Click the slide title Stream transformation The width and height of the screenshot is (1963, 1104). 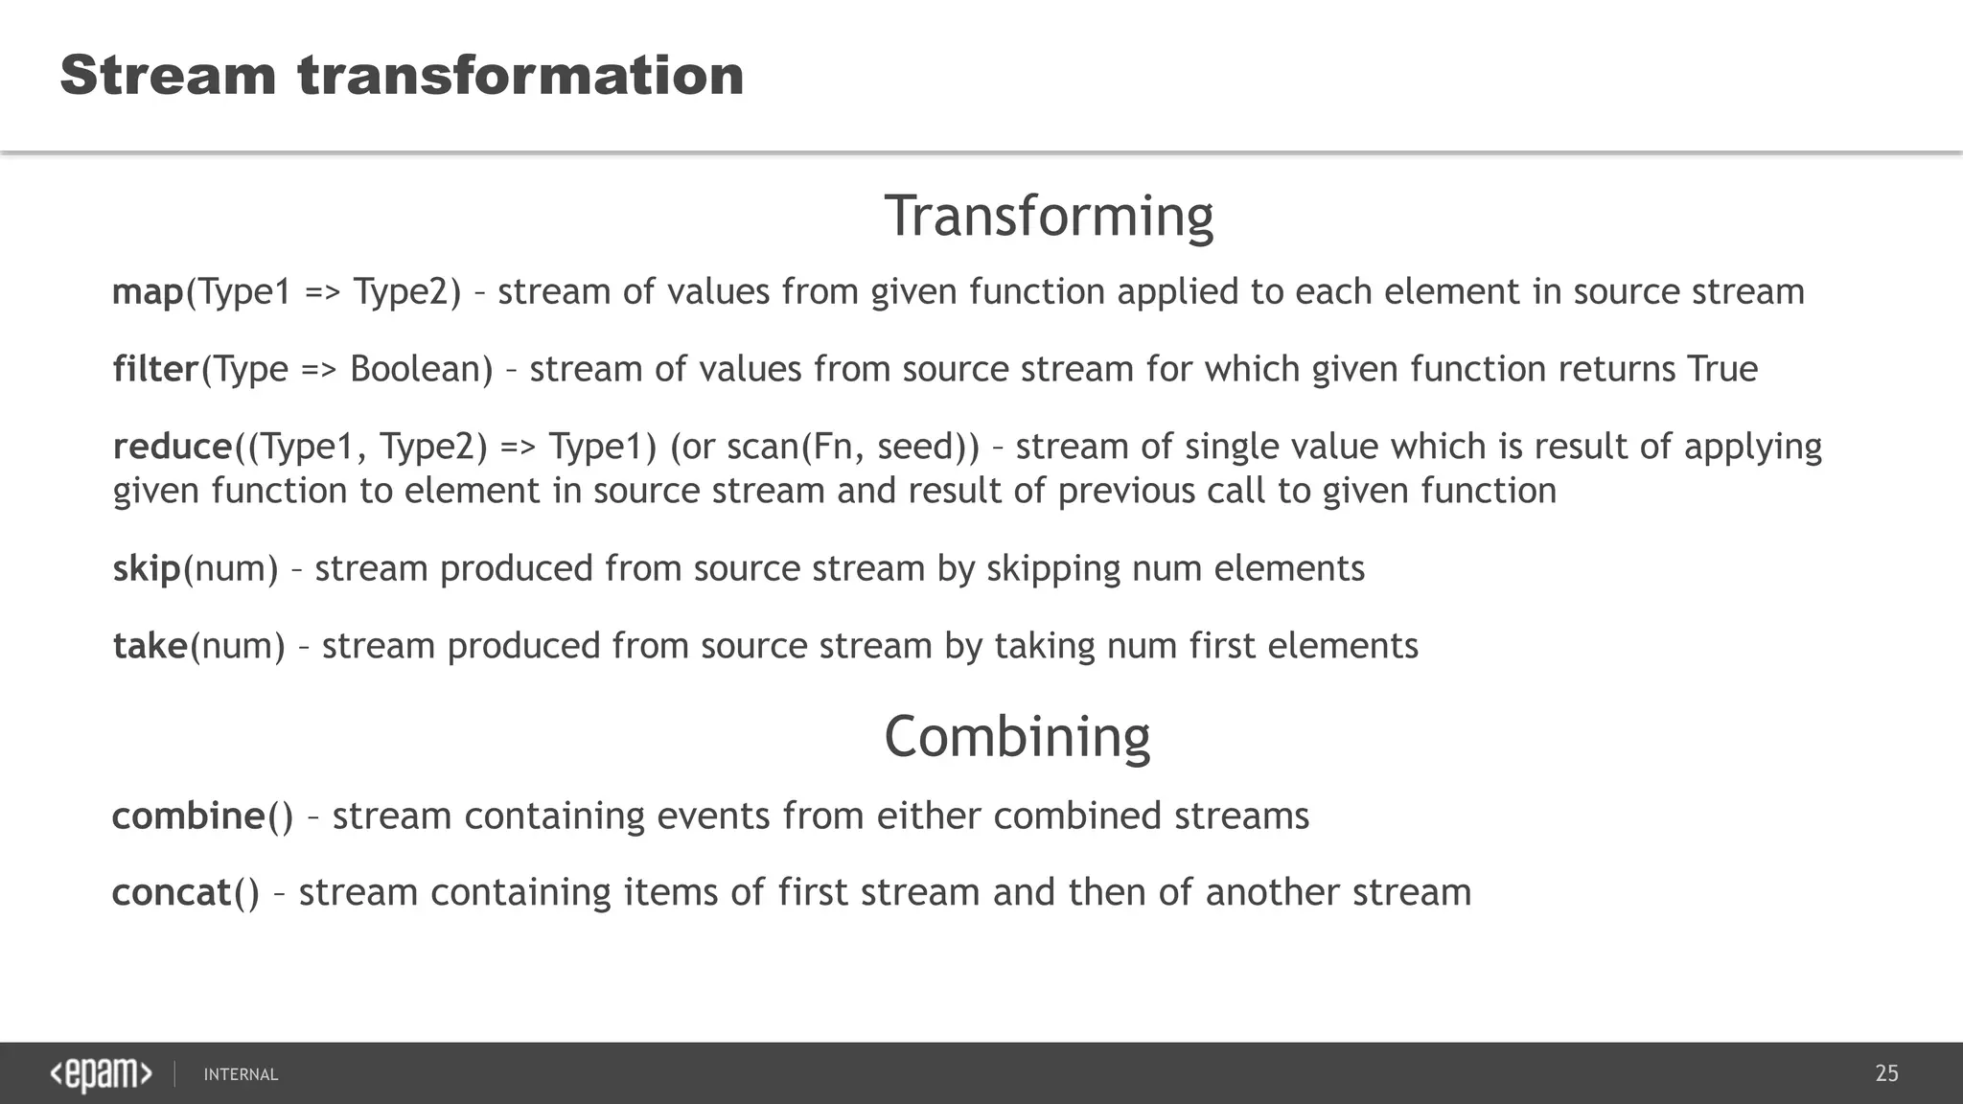point(402,76)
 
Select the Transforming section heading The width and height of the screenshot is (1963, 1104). point(1049,216)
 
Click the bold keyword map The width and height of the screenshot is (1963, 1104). point(148,291)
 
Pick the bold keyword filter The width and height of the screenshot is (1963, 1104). point(155,369)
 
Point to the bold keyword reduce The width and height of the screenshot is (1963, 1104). point(173,447)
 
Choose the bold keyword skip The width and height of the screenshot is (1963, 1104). point(147,568)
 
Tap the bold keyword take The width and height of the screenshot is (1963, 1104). point(150,646)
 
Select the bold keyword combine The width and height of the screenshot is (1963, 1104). point(188,816)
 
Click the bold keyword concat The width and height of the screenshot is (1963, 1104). point(172,892)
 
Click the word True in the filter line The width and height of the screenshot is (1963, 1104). point(1721,369)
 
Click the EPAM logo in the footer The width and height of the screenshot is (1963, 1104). point(101,1074)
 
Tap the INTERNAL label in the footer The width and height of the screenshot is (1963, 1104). point(241,1074)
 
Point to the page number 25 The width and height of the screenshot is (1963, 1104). point(1886,1073)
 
